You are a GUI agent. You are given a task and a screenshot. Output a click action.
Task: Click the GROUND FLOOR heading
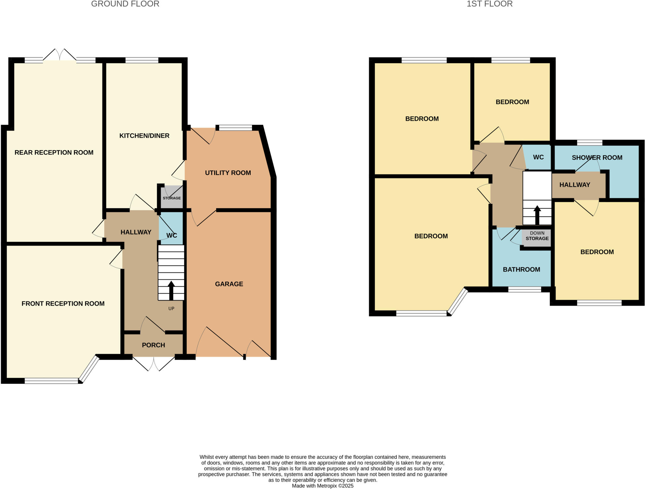click(125, 4)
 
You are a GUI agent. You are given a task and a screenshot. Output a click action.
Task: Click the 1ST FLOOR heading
click(489, 4)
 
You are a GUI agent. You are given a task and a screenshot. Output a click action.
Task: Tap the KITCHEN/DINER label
click(144, 136)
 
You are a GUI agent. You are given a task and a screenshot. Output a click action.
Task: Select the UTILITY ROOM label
click(228, 173)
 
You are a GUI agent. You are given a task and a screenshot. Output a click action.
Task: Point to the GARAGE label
click(229, 284)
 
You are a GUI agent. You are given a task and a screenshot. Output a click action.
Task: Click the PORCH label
click(153, 345)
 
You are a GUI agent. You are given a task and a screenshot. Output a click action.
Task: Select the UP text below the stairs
click(171, 308)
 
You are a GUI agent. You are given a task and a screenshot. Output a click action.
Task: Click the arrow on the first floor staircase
click(537, 214)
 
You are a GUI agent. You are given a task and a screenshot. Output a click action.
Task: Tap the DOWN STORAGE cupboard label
click(537, 236)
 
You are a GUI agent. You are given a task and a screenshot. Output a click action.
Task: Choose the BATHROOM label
click(521, 270)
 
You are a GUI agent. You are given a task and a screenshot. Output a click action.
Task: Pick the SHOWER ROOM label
click(597, 158)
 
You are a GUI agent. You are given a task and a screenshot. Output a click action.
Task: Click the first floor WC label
click(538, 157)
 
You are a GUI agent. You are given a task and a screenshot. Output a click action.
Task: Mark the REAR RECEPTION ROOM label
click(54, 153)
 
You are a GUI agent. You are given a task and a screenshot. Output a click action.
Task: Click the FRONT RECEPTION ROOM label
click(63, 304)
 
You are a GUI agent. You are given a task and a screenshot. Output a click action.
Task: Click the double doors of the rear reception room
click(60, 55)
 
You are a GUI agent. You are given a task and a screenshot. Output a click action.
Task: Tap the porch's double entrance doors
click(154, 364)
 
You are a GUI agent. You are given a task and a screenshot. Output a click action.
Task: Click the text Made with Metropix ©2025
click(322, 486)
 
